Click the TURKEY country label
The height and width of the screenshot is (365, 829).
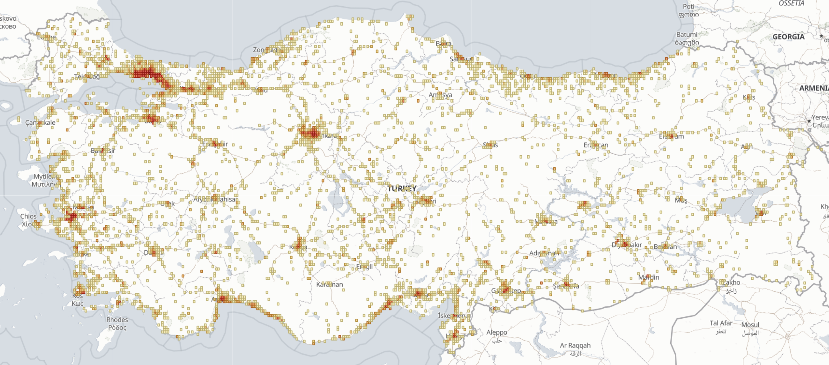(402, 188)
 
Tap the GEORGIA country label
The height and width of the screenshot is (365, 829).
(788, 37)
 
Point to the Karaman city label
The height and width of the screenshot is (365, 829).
(329, 285)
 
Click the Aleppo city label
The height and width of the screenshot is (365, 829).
(497, 332)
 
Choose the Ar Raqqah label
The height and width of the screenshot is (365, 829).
(575, 345)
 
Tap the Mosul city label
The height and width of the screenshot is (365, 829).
(750, 325)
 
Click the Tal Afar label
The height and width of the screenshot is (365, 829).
(721, 323)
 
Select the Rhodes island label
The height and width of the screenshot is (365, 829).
(117, 320)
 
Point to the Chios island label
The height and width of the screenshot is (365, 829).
(28, 216)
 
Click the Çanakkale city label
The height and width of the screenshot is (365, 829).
(40, 123)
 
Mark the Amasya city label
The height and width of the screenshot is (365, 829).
(440, 95)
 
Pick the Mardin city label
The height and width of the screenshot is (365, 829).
(649, 277)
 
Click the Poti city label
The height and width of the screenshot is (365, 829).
(688, 6)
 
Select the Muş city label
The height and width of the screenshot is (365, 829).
(681, 200)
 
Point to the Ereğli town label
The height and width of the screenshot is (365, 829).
(364, 266)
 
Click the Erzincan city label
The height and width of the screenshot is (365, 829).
(596, 145)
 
